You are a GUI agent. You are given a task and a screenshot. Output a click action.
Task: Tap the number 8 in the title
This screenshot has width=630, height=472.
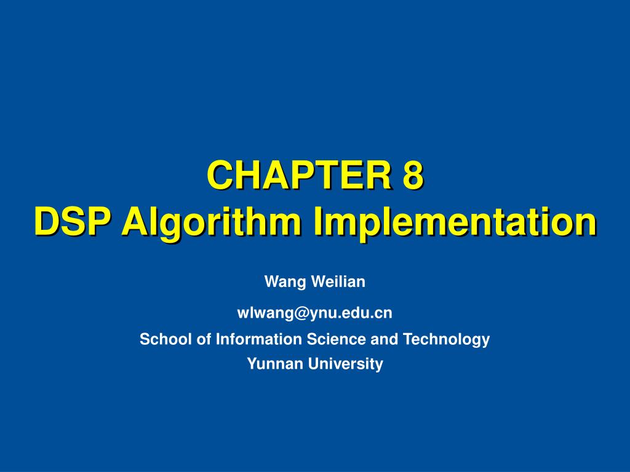click(x=413, y=175)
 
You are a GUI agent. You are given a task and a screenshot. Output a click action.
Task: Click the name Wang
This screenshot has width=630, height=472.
click(x=285, y=282)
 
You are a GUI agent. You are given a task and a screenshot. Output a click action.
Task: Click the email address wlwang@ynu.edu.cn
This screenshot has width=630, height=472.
click(x=314, y=313)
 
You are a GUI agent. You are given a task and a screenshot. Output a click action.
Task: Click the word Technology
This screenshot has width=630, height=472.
click(x=446, y=339)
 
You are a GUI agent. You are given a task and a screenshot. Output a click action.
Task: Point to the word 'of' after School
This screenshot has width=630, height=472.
click(x=203, y=339)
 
